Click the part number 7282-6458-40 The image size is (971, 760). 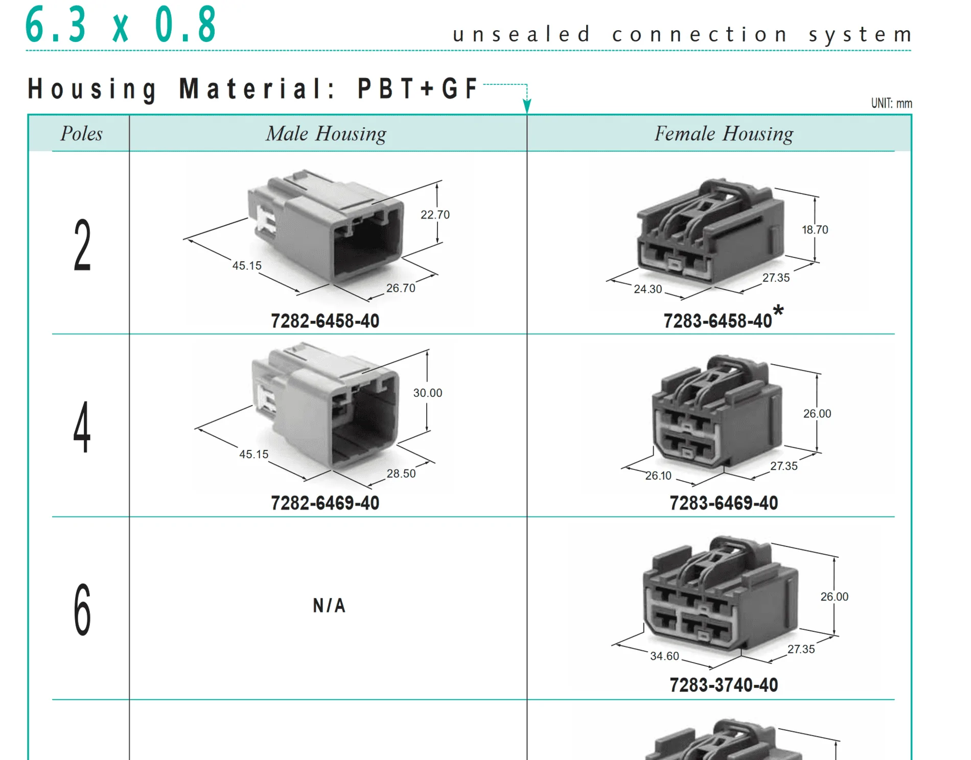point(325,321)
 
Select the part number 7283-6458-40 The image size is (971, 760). point(718,321)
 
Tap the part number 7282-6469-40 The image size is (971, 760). point(325,503)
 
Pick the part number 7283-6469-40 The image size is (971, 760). point(724,503)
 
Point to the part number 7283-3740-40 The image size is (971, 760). point(724,685)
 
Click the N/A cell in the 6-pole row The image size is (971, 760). point(329,606)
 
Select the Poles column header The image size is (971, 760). point(81,134)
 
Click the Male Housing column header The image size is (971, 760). point(326,134)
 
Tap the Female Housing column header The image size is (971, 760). point(724,134)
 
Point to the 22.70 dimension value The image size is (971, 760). point(435,215)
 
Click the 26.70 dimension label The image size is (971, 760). point(401,288)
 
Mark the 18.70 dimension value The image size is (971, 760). point(815,230)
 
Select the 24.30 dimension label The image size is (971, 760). point(648,289)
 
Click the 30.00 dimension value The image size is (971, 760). point(428,393)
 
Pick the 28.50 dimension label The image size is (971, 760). point(401,473)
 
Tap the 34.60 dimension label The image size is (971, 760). point(664,656)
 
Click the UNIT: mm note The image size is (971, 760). point(891,103)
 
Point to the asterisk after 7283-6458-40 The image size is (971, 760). point(778,310)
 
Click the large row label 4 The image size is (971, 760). point(82,427)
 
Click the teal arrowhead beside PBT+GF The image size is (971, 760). point(527,106)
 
